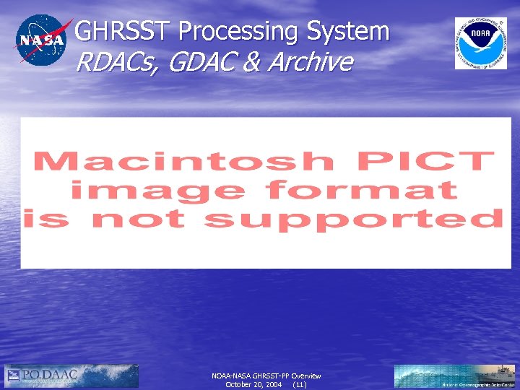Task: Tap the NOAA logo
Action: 475,43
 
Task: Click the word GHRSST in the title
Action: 124,31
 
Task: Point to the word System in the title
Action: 347,31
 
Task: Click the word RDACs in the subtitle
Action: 118,63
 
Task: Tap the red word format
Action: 361,190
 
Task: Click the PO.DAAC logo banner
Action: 71,376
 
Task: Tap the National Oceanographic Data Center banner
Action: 455,376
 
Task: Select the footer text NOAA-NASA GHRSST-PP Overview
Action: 266,376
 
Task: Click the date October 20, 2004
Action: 253,385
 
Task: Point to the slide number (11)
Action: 300,385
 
